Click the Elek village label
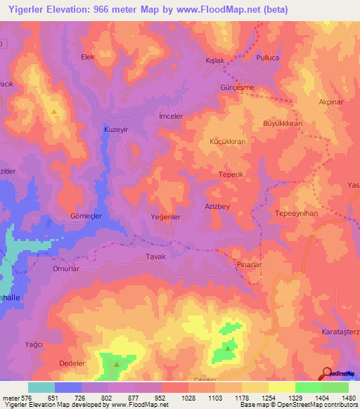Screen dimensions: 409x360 tap(88, 56)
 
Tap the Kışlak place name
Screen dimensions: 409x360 tap(214, 60)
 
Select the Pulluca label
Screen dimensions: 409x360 tap(268, 57)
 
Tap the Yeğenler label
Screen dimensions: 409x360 tap(167, 217)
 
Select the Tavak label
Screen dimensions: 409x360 tap(155, 257)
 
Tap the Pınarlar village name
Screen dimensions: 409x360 tap(249, 265)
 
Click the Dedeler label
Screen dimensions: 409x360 tap(72, 363)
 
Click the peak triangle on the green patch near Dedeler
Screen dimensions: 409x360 tap(116, 356)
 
